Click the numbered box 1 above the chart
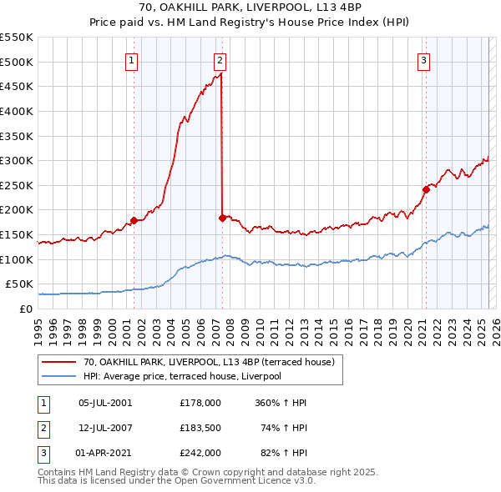(133, 60)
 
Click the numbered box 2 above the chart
(220, 60)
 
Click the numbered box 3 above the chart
(424, 60)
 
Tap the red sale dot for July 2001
(134, 221)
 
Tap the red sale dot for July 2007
(222, 218)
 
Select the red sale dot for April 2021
(425, 189)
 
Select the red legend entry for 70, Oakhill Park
(209, 362)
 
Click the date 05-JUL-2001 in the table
(104, 403)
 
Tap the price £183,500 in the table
(200, 428)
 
